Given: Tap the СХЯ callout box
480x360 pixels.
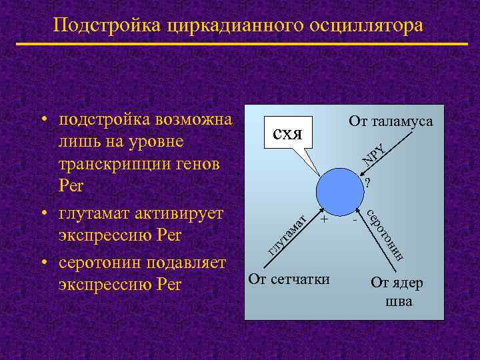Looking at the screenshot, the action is (287, 131).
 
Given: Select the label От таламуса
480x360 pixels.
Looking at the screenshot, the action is (391, 121).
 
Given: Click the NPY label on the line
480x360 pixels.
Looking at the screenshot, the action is (374, 154).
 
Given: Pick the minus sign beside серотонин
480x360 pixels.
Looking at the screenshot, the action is (355, 218).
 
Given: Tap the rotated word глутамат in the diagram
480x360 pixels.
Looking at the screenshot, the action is (287, 233).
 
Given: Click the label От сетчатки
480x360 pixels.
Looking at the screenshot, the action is (289, 279).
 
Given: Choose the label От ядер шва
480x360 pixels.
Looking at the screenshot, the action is (397, 291).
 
